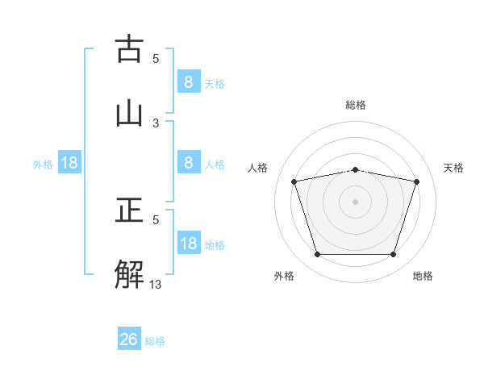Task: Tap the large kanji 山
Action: coord(131,112)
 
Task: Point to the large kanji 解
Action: coord(131,273)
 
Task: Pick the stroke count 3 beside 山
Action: coord(156,123)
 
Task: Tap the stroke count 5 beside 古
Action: coord(156,58)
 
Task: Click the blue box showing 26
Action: coord(129,339)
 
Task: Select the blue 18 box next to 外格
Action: coord(69,164)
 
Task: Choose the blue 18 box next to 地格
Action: coord(188,244)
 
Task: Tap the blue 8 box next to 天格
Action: coord(188,81)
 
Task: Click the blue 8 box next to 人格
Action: coord(188,163)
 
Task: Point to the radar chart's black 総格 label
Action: coord(356,105)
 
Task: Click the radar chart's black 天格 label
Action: coord(454,168)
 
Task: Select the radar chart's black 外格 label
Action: coord(284,276)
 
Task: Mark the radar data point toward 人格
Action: coord(294,181)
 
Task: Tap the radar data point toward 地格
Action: coord(393,255)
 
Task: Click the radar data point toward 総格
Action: coord(355,169)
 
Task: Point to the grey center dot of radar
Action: coord(355,201)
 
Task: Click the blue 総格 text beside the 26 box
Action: coord(155,341)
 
